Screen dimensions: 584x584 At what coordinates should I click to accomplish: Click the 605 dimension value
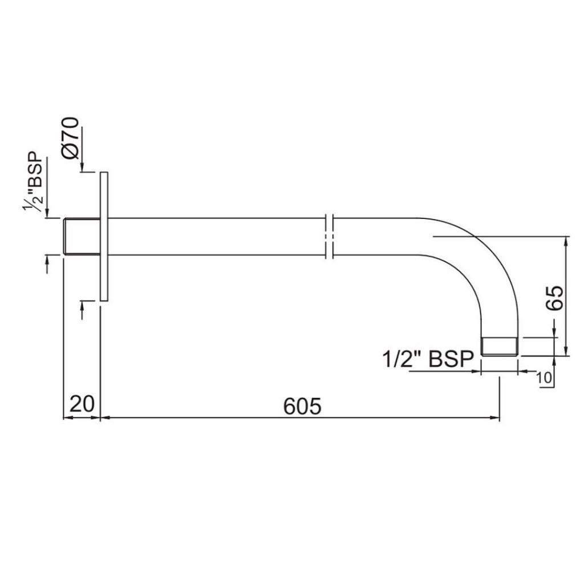click(x=302, y=405)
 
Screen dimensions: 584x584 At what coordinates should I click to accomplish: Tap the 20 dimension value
click(x=82, y=404)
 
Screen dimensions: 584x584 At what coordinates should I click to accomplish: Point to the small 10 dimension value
click(x=544, y=377)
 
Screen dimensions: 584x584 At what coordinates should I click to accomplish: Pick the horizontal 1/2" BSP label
click(x=428, y=359)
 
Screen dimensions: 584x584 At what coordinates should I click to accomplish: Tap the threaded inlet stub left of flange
click(x=81, y=236)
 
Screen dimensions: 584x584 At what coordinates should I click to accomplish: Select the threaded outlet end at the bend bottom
click(x=500, y=346)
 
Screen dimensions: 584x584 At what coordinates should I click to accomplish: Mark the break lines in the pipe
click(x=329, y=236)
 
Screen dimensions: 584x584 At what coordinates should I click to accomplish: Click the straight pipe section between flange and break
click(x=217, y=236)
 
